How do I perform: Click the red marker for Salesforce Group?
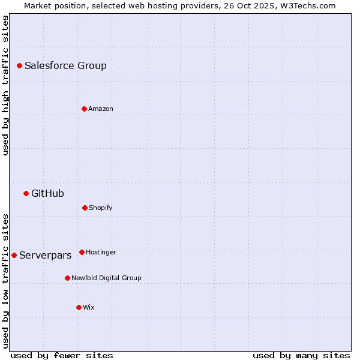(19, 65)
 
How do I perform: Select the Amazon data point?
(84, 109)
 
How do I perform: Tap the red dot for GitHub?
(26, 193)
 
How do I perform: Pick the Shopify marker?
(85, 208)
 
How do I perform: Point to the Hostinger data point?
(82, 252)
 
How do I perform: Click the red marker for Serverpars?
(14, 255)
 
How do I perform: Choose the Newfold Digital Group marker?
(67, 278)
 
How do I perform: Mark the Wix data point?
(79, 307)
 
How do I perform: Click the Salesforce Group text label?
(65, 66)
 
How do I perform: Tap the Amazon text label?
(101, 109)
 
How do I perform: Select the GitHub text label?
(47, 194)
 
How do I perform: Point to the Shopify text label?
(101, 208)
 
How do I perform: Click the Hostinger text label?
(101, 253)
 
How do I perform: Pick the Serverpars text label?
(45, 256)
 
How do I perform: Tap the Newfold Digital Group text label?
(106, 278)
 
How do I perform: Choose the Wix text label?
(89, 308)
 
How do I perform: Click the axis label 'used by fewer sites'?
(62, 355)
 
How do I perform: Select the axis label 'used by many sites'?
(301, 355)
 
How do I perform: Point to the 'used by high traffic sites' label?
(5, 85)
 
